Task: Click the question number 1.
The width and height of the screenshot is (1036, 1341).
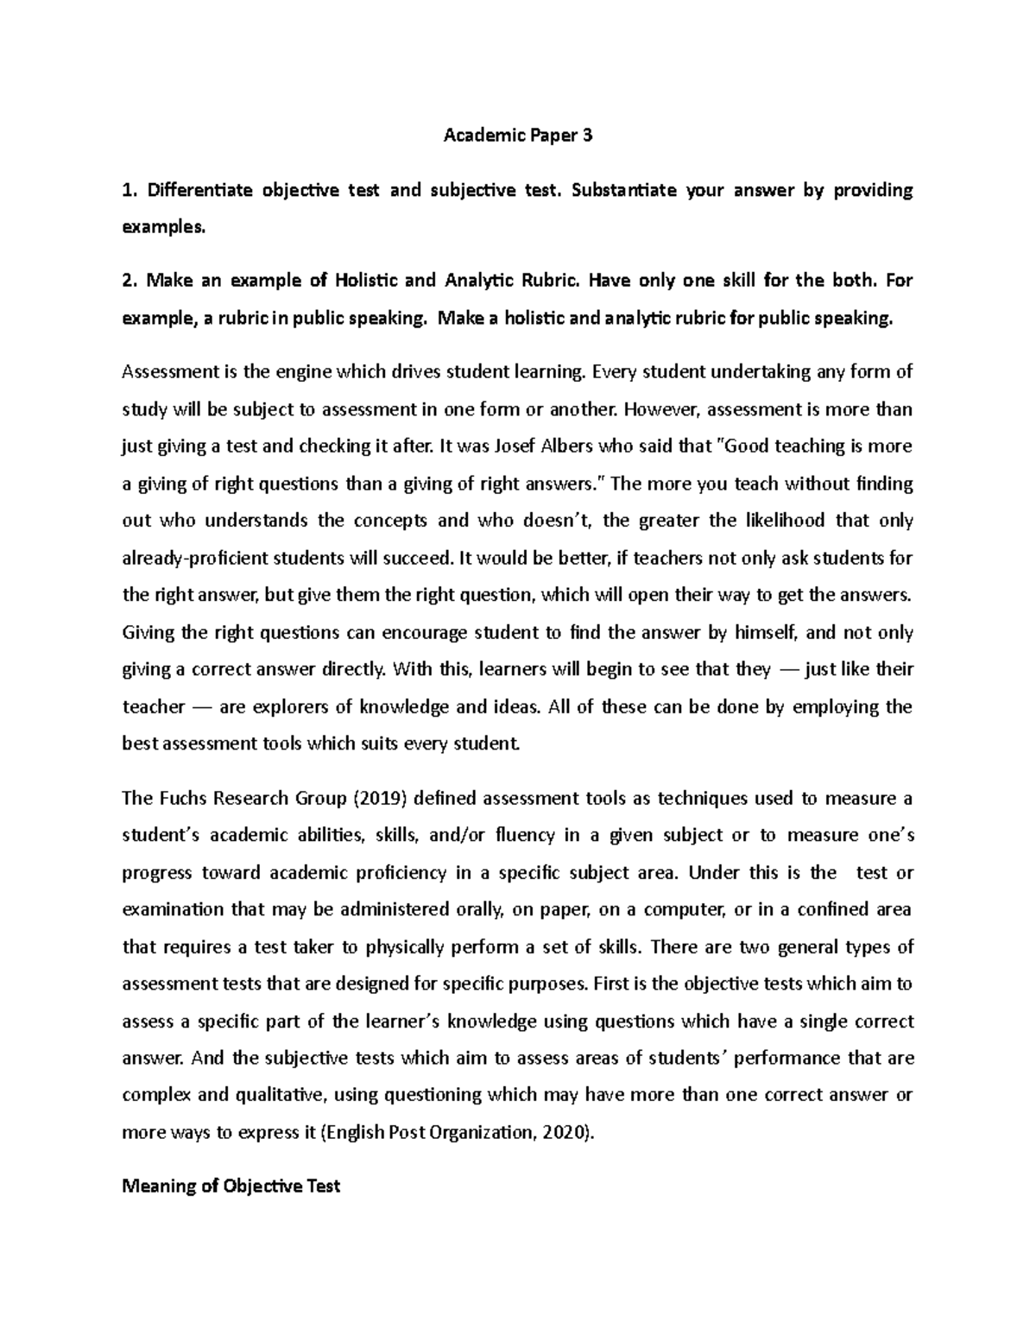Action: pyautogui.click(x=128, y=190)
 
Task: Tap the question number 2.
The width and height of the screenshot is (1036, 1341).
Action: pyautogui.click(x=128, y=281)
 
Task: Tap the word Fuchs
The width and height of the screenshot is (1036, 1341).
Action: pyautogui.click(x=177, y=798)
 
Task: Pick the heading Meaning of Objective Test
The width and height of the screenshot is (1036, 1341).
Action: pyautogui.click(x=231, y=1186)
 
